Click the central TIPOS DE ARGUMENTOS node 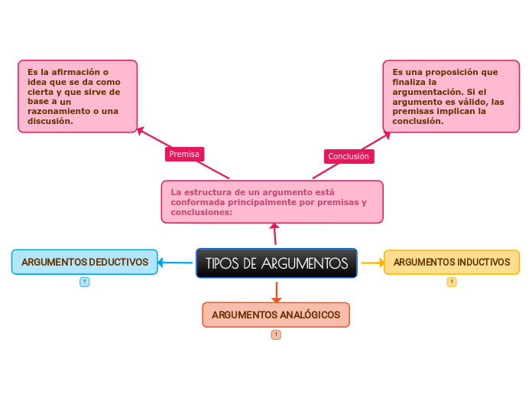tap(276, 263)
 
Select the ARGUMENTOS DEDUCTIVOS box tap(85, 262)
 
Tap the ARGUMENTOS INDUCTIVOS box tap(451, 262)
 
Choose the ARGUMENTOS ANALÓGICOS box tap(276, 315)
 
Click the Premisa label tap(184, 154)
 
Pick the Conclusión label tap(349, 156)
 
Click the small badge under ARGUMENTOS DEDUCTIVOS tap(85, 282)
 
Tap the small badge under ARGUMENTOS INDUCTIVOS tap(452, 282)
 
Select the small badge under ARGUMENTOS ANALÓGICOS tap(276, 334)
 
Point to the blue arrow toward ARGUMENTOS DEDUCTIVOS tap(176, 263)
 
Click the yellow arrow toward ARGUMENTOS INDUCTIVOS tap(372, 263)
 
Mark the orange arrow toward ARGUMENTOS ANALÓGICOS tap(276, 291)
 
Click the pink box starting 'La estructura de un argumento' tap(272, 201)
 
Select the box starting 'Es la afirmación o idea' tap(77, 96)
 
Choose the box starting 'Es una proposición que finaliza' tap(451, 96)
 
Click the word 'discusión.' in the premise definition tap(50, 121)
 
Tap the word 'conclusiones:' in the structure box tap(202, 212)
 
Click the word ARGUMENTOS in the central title tap(304, 263)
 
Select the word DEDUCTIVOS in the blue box tap(118, 262)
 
